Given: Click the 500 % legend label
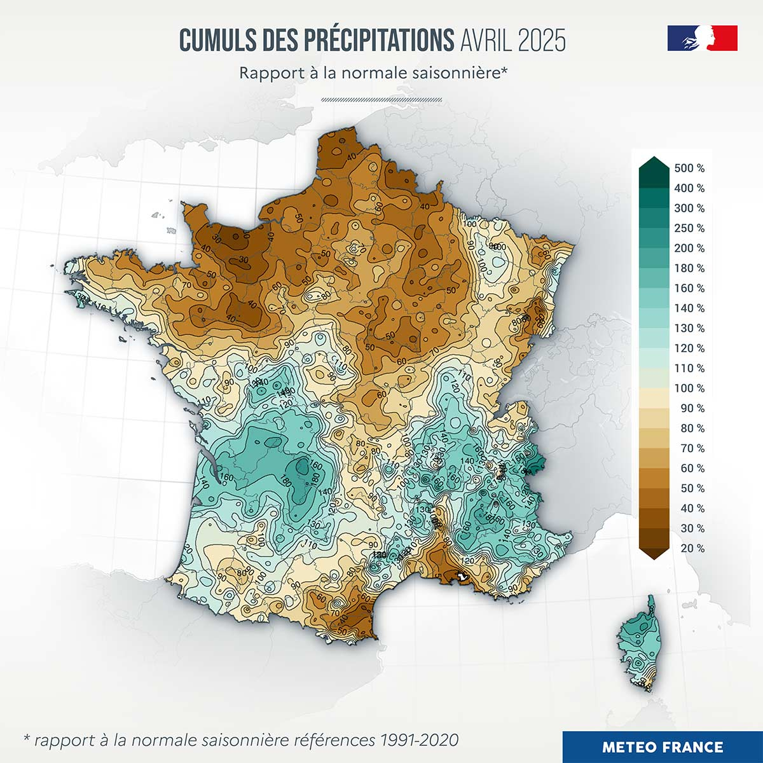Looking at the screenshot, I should tap(689, 168).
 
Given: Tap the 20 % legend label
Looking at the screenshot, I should tap(692, 548).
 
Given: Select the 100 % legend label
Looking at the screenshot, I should tap(689, 388).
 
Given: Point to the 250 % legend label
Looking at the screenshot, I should tap(689, 228).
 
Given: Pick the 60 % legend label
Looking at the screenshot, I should tap(692, 469).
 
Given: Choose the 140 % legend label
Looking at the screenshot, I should tap(689, 308).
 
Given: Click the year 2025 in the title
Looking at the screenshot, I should tap(541, 40).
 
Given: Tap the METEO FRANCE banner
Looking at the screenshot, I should tap(663, 747).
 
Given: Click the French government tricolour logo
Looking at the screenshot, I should tap(702, 38).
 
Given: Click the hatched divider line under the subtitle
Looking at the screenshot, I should tap(381, 99).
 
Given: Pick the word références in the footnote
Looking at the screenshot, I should tap(335, 740).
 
